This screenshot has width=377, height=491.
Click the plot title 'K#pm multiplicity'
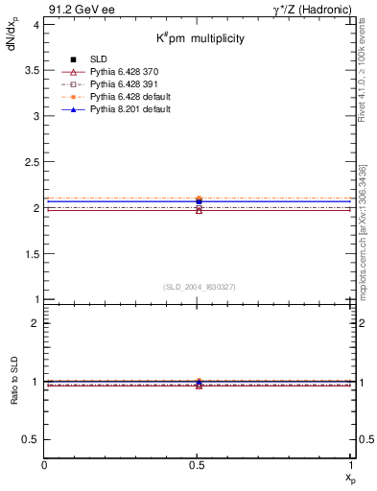click(200, 38)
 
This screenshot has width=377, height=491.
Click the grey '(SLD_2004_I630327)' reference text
click(199, 287)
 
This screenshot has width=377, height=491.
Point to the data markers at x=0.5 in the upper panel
click(199, 203)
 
